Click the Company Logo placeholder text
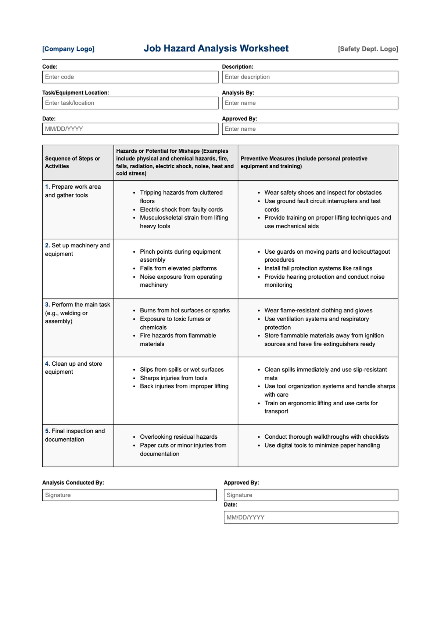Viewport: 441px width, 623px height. click(x=68, y=49)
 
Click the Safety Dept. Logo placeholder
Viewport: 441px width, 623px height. click(x=368, y=49)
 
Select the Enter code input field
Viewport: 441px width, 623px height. click(x=130, y=77)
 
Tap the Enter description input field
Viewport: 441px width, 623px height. click(x=310, y=77)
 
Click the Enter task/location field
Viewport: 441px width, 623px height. click(x=130, y=103)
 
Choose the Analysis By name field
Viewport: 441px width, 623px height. click(x=310, y=103)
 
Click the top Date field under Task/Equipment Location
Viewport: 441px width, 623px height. click(x=130, y=129)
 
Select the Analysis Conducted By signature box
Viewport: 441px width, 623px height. click(x=129, y=495)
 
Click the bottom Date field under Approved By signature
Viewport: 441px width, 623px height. click(x=311, y=517)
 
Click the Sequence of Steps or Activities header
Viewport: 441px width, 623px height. click(x=73, y=162)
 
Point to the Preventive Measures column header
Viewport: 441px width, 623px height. click(x=304, y=162)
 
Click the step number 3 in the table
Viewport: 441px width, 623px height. click(x=47, y=305)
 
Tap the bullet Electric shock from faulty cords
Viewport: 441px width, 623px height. click(x=181, y=210)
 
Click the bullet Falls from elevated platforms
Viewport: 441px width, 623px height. click(x=178, y=268)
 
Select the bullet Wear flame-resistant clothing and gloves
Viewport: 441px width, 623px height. click(x=318, y=311)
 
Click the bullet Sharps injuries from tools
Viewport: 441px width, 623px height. click(x=173, y=378)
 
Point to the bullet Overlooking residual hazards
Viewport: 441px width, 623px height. click(x=179, y=437)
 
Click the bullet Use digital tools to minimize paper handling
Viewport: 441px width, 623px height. click(x=322, y=445)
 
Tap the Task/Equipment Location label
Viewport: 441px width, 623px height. click(x=76, y=93)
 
